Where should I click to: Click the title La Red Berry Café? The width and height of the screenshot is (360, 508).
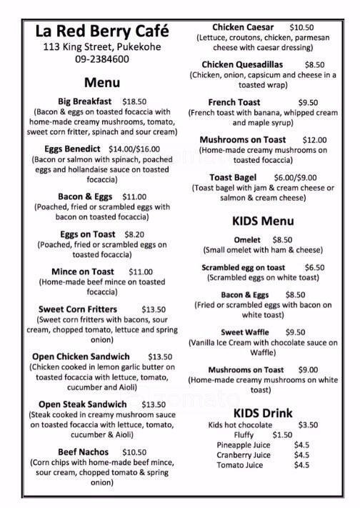click(x=102, y=32)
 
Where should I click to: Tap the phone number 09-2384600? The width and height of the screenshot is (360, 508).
click(x=101, y=60)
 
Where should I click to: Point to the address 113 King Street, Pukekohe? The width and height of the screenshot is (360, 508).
click(x=101, y=48)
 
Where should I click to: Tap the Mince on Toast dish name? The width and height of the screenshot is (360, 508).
click(x=81, y=272)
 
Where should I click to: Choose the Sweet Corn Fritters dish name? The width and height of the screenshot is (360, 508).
click(x=76, y=309)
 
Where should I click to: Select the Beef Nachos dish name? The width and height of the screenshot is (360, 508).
click(x=84, y=452)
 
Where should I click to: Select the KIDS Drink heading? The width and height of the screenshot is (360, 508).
click(x=264, y=414)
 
